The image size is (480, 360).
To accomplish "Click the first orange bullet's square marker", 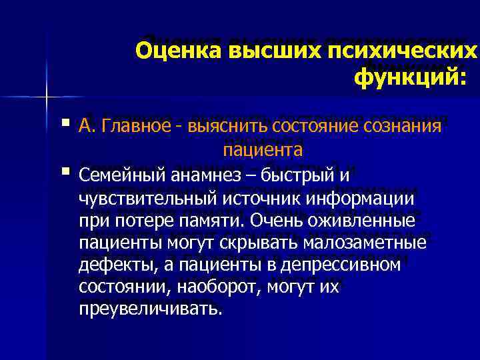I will [x=65, y=124].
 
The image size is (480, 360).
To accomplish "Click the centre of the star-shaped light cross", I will [x=46, y=97].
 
